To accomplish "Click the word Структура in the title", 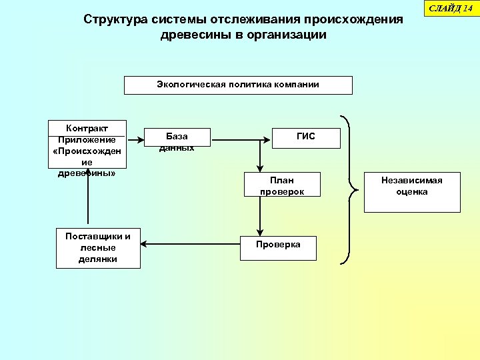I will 116,19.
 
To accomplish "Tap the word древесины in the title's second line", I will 192,35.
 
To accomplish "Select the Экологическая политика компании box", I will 238,85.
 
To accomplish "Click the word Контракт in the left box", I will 87,128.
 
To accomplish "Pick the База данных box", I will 177,138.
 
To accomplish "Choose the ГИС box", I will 306,138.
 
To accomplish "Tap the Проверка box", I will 278,248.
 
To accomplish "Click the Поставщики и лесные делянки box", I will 98,248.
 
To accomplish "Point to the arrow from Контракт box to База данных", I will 135,140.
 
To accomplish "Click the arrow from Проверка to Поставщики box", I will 190,244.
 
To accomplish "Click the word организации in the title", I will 287,35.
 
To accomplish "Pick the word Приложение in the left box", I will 87,140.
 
